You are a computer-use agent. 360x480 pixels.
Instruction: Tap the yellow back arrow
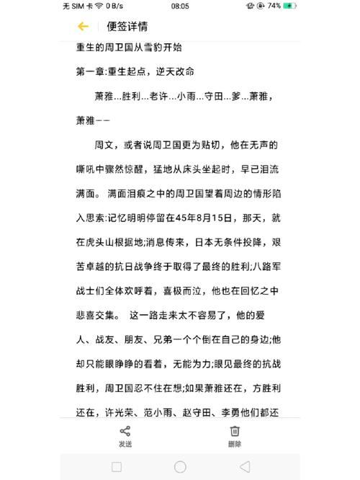83,27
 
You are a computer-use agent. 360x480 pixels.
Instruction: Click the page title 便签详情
127,27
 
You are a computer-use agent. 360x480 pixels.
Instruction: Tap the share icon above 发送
125,431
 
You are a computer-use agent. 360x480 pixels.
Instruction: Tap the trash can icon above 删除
235,431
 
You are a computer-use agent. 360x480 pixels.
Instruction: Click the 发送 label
125,444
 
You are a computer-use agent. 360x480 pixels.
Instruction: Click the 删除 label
235,444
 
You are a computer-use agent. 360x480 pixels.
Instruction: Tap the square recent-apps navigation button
117,466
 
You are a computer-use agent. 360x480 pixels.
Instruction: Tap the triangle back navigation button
244,466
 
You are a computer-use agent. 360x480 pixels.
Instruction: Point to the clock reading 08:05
180,6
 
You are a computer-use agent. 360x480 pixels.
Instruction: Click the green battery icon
289,6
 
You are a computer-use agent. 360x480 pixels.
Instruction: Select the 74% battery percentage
274,6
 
